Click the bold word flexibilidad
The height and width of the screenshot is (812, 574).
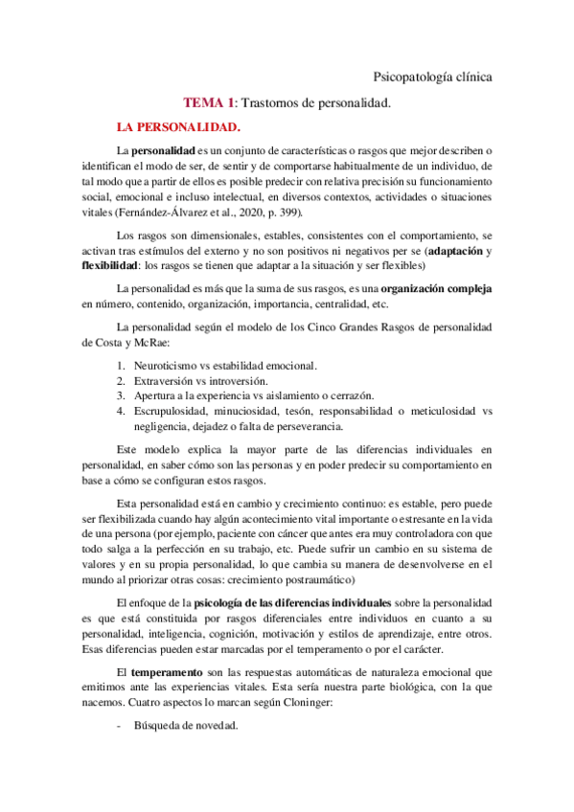click(109, 265)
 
